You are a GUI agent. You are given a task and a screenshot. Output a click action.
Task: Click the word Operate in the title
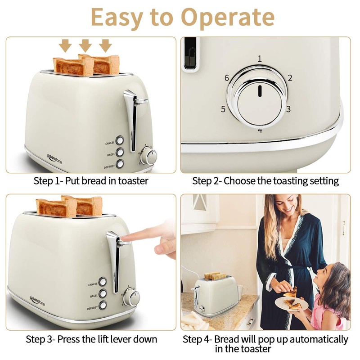click(x=228, y=17)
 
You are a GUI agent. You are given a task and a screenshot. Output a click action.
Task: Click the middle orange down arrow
click(x=85, y=45)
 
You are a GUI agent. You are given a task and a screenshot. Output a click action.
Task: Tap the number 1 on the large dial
click(x=260, y=58)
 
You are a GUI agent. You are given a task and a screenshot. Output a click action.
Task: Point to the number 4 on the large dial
click(x=260, y=130)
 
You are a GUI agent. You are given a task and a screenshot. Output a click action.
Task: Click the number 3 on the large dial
click(x=288, y=109)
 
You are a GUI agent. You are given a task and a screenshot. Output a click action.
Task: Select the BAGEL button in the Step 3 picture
click(x=103, y=293)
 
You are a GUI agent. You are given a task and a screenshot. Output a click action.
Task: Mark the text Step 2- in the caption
click(x=207, y=181)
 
